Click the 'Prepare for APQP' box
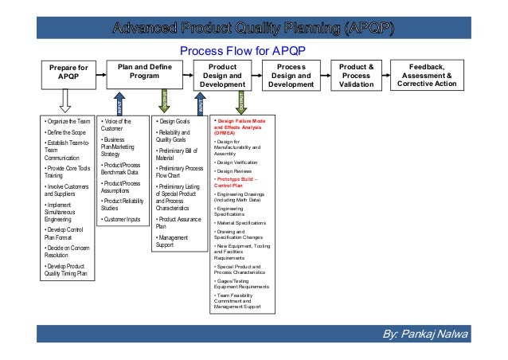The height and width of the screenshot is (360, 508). coord(68,76)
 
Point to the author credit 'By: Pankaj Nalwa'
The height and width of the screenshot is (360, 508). coord(436,332)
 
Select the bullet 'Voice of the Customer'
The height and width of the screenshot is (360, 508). coord(118,125)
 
